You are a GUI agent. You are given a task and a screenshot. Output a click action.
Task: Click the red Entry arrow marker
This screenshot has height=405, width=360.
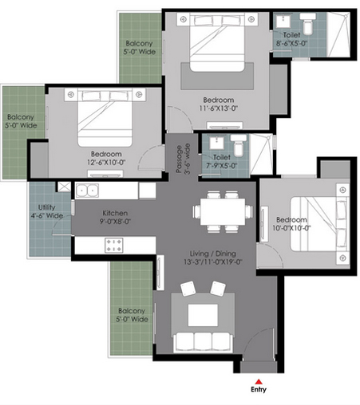coord(259,382)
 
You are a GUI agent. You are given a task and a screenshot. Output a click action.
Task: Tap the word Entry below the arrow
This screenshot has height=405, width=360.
coord(259,390)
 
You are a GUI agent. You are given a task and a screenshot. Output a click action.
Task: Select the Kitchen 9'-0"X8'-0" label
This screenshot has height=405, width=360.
coord(115,217)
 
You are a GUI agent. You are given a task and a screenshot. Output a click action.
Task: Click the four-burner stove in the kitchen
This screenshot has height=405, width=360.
coord(114,245)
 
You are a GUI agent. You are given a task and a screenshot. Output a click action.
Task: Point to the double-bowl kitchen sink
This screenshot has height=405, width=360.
coord(87,191)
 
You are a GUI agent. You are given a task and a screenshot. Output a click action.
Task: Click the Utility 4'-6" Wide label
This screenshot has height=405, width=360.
coord(47,211)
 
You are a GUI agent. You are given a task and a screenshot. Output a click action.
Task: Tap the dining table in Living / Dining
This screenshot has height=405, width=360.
coord(223,211)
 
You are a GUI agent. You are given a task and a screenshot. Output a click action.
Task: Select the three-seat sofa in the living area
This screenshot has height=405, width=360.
coord(204,342)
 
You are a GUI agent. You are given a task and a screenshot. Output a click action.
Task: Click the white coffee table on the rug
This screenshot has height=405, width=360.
coord(203,315)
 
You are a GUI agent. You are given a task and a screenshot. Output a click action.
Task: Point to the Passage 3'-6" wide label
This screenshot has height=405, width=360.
coord(184,159)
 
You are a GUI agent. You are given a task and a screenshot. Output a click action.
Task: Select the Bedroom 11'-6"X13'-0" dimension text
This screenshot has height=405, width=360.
coord(219,108)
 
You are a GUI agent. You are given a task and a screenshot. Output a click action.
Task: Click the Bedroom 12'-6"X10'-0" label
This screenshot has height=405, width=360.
coord(106,158)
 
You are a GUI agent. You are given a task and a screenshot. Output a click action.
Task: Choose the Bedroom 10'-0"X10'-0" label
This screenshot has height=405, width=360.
coord(291,224)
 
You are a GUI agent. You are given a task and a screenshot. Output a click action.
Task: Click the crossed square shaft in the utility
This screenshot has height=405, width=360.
coord(65,187)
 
